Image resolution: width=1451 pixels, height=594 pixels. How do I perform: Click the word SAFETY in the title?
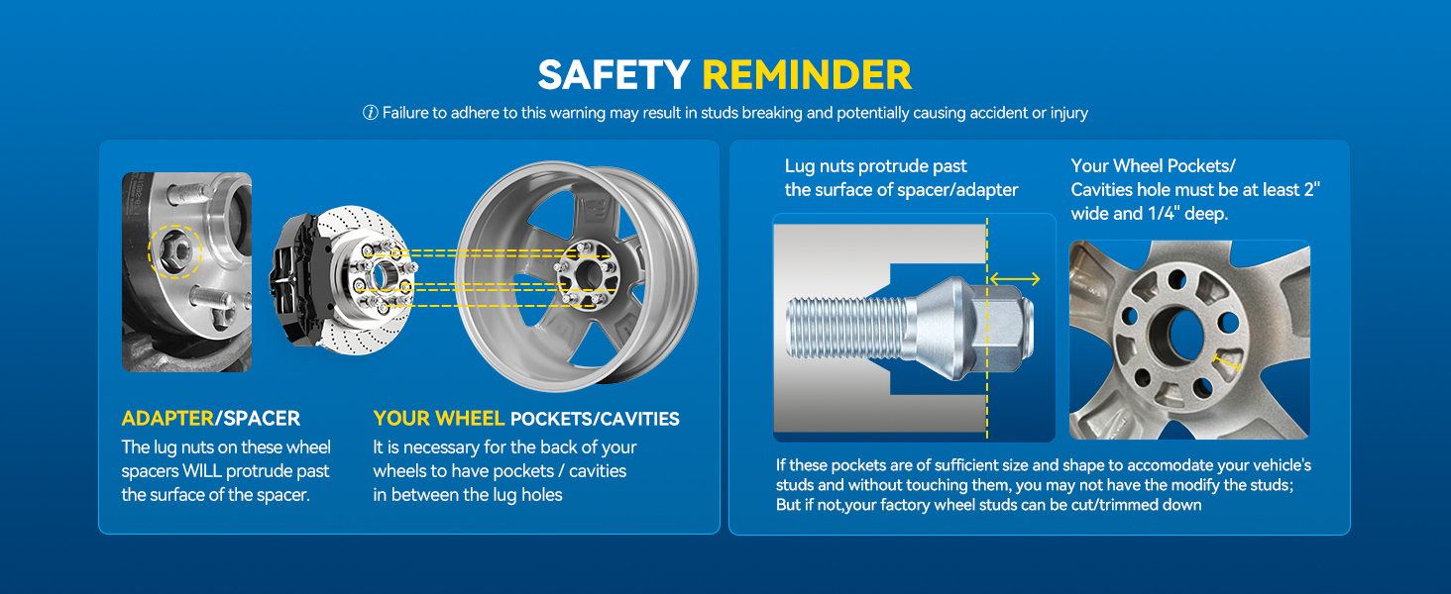tap(614, 75)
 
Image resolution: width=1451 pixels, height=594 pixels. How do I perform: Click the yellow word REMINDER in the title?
tap(807, 75)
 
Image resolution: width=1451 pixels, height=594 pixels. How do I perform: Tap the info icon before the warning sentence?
tap(370, 113)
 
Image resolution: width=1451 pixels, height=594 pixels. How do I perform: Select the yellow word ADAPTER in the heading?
tap(167, 418)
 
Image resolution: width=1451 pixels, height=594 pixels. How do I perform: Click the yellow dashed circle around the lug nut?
tap(174, 254)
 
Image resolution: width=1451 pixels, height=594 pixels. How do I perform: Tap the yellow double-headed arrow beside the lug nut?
tap(1015, 279)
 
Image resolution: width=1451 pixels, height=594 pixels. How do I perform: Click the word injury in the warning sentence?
tap(1066, 113)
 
